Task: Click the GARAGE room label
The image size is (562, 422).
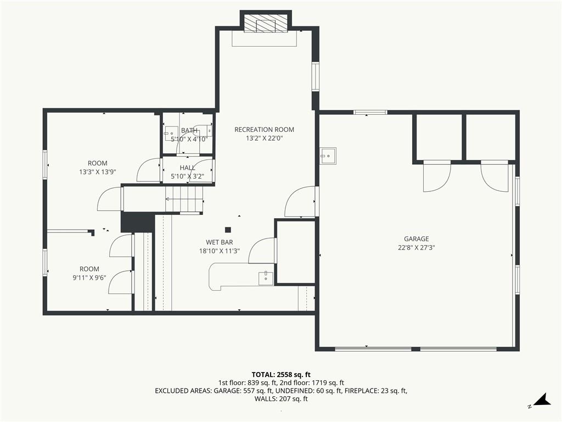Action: tap(416, 238)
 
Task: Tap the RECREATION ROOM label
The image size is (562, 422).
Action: tap(264, 130)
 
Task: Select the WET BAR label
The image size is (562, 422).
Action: tap(220, 242)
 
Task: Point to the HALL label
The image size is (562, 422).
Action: tap(188, 168)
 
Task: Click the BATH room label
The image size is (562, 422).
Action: tap(189, 130)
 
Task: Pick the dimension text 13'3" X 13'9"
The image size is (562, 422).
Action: tap(98, 172)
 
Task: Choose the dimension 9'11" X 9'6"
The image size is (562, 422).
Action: tap(89, 277)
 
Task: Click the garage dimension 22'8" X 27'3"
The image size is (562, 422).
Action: tap(416, 247)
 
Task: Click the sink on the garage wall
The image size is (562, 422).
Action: tap(328, 156)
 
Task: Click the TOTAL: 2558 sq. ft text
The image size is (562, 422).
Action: tap(281, 375)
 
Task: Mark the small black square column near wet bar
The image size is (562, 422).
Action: tap(228, 230)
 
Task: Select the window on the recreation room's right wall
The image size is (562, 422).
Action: tap(315, 76)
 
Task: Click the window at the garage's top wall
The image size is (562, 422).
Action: tap(370, 112)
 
